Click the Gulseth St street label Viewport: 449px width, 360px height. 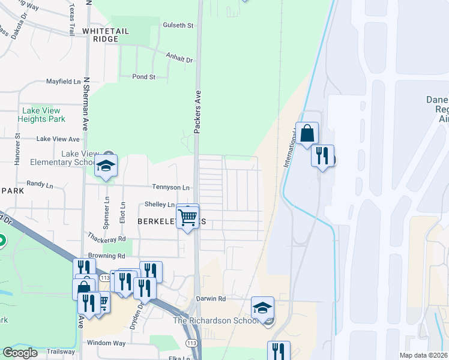point(178,25)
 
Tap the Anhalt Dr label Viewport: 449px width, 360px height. point(179,60)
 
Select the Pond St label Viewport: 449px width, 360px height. point(144,77)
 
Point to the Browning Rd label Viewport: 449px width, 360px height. point(106,255)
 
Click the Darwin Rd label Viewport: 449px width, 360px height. point(210,298)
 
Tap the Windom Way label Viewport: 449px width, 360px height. point(106,343)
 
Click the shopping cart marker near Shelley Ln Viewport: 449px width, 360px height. point(188,217)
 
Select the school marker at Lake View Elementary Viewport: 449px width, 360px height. point(106,166)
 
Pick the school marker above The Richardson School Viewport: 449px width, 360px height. point(262,308)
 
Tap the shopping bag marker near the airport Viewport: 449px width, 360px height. point(307,134)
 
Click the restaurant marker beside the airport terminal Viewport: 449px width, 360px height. point(322,156)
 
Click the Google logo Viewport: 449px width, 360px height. point(20,353)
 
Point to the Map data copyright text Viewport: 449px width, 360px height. point(424,355)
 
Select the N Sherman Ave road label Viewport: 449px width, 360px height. point(86,104)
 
